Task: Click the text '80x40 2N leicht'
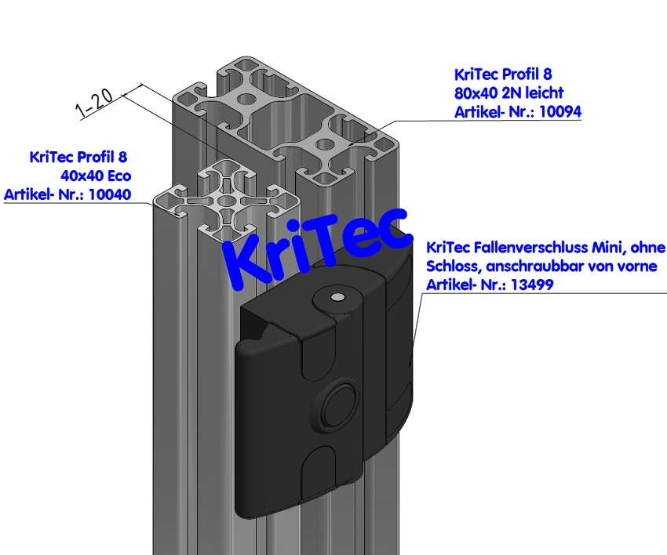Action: [x=509, y=93]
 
